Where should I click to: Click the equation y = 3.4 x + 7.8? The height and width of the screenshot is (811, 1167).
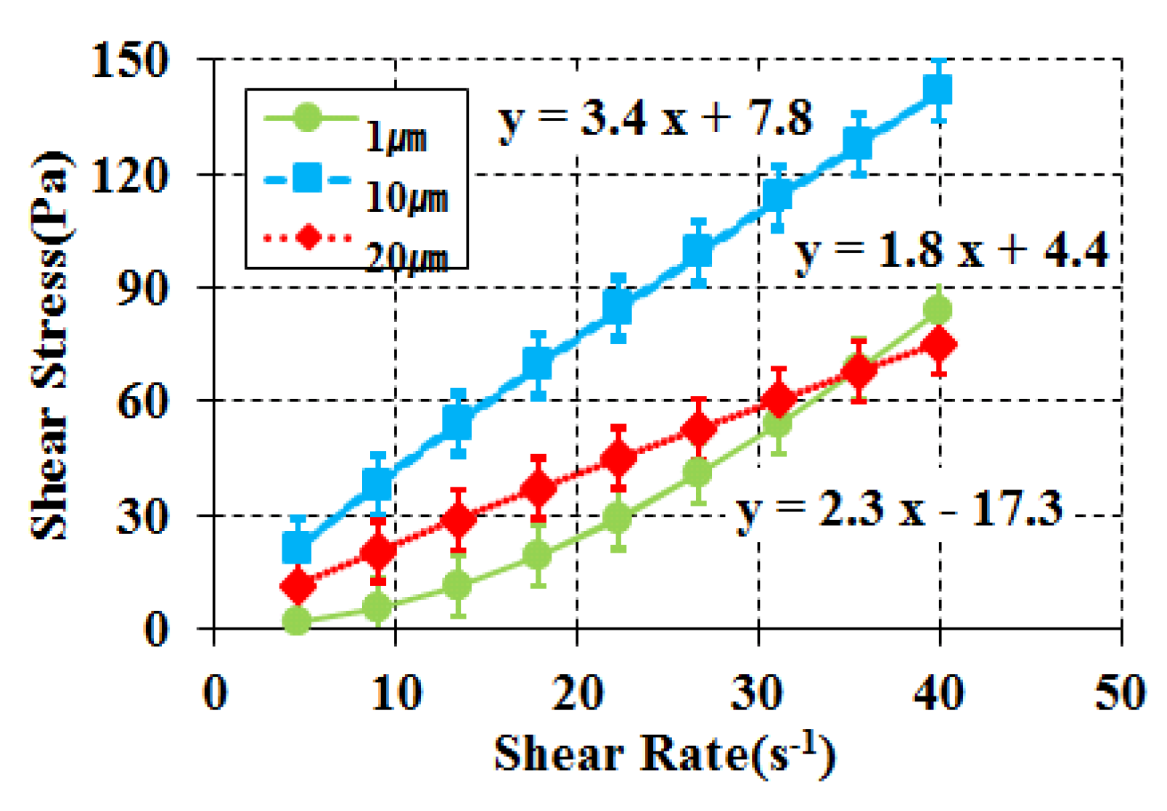pos(655,118)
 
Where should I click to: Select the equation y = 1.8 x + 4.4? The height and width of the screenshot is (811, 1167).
pos(951,250)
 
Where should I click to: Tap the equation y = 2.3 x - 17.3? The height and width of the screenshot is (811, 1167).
pos(898,509)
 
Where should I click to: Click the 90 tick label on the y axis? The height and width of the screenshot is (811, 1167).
pos(142,288)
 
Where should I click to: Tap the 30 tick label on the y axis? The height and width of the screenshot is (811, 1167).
pos(142,516)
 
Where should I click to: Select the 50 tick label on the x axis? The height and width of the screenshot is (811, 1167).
pos(1120,693)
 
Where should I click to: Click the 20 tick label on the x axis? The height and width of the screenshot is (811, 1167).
pos(577,693)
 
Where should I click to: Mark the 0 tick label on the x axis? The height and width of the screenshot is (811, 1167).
pos(215,693)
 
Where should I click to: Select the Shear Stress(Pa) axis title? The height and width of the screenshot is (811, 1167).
pos(51,345)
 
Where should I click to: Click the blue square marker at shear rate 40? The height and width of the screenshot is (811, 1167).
pos(938,91)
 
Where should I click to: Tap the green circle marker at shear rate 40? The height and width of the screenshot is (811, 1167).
pos(938,310)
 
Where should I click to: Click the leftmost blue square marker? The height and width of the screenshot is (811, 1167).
pos(297,548)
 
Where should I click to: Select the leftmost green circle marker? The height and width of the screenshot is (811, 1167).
pos(297,621)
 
